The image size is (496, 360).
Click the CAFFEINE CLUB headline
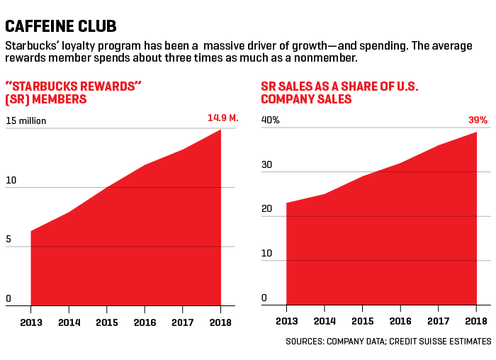coord(61,27)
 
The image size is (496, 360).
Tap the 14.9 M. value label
coord(223,118)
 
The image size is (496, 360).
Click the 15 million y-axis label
coord(26,120)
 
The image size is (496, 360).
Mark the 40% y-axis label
coord(271,120)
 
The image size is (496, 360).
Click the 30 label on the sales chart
coord(266,164)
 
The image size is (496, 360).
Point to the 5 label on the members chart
coord(9,240)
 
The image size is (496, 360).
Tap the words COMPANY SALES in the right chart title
coord(306,99)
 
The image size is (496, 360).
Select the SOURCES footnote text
coord(388,342)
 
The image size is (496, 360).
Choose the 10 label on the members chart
coord(11,180)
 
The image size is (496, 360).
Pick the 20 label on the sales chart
coord(266,208)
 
